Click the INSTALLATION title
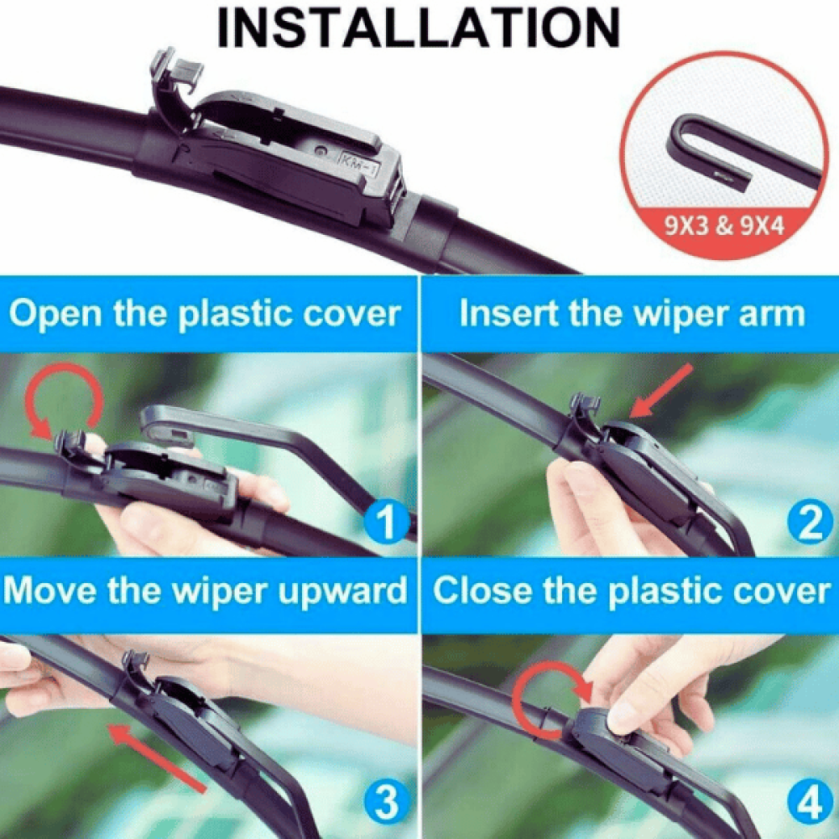click(x=419, y=29)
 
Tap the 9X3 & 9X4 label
click(x=724, y=226)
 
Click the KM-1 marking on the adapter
click(x=360, y=164)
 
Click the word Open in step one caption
click(x=55, y=314)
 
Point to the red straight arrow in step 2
click(x=662, y=391)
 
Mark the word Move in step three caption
click(x=51, y=591)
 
